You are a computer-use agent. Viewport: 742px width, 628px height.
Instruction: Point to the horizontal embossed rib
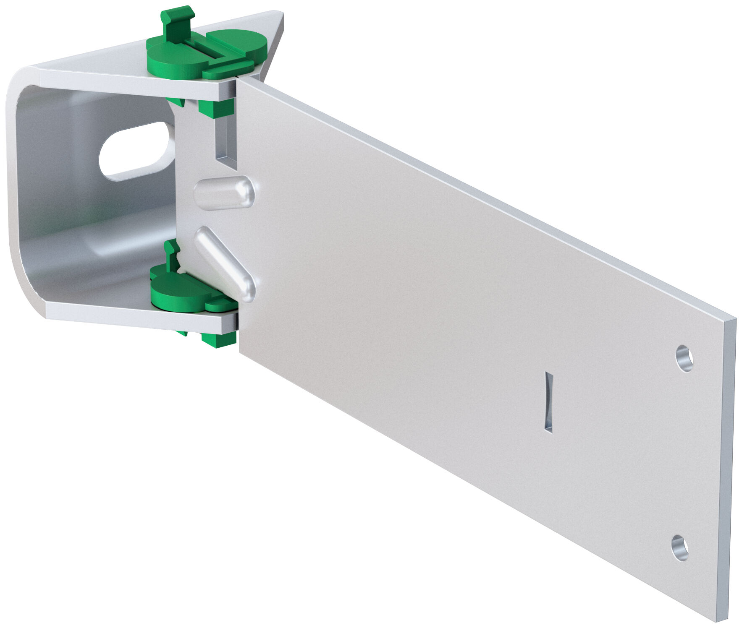[224, 193]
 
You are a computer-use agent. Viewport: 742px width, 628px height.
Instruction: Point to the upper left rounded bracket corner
[19, 80]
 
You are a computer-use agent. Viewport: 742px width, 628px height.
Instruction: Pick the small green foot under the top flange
[176, 102]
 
